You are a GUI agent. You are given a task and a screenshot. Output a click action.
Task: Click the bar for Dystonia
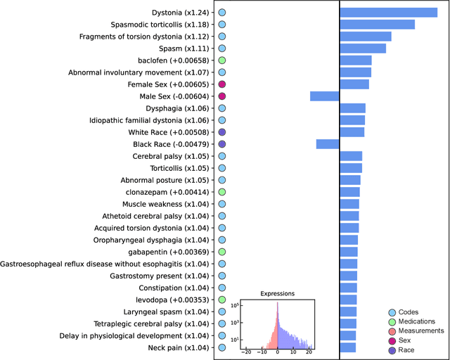pos(388,13)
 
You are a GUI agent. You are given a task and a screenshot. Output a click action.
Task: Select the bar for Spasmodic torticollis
pos(377,25)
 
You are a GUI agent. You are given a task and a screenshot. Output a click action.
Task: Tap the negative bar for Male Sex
pos(324,96)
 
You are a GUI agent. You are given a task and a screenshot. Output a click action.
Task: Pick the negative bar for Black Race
pos(328,144)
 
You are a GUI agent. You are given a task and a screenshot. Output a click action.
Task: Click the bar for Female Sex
pos(354,84)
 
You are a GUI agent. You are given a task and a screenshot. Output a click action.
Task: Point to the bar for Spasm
pos(363,49)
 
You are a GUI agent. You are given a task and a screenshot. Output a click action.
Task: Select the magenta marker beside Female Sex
pos(221,84)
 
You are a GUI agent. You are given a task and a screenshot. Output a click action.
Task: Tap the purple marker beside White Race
pos(221,132)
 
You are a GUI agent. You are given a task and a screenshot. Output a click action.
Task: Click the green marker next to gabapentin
pos(221,252)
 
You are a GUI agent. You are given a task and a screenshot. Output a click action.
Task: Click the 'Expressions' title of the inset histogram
pos(277,294)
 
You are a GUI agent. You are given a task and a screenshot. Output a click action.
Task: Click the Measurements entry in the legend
pos(421,330)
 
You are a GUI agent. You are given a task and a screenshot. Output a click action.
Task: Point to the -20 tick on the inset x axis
pos(246,353)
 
